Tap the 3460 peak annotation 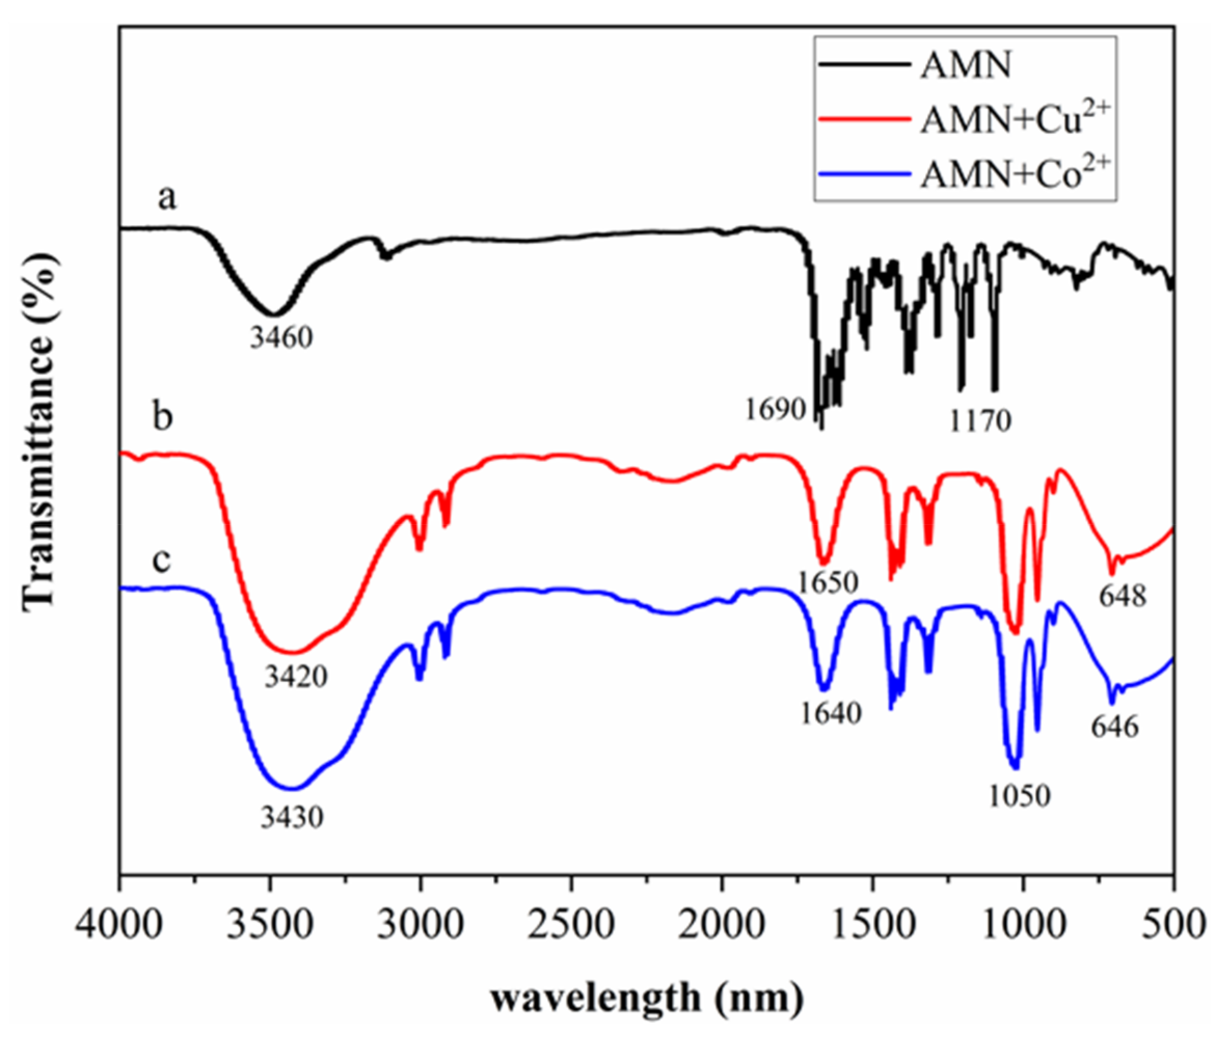point(281,338)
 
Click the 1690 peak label point(775,409)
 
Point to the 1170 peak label point(980,421)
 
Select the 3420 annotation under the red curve point(295,677)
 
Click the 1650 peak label point(828,583)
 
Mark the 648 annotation point(1122,596)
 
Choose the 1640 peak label point(830,713)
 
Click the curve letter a point(167,197)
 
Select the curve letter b point(163,416)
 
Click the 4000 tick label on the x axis point(119,923)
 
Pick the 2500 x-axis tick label point(571,923)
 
